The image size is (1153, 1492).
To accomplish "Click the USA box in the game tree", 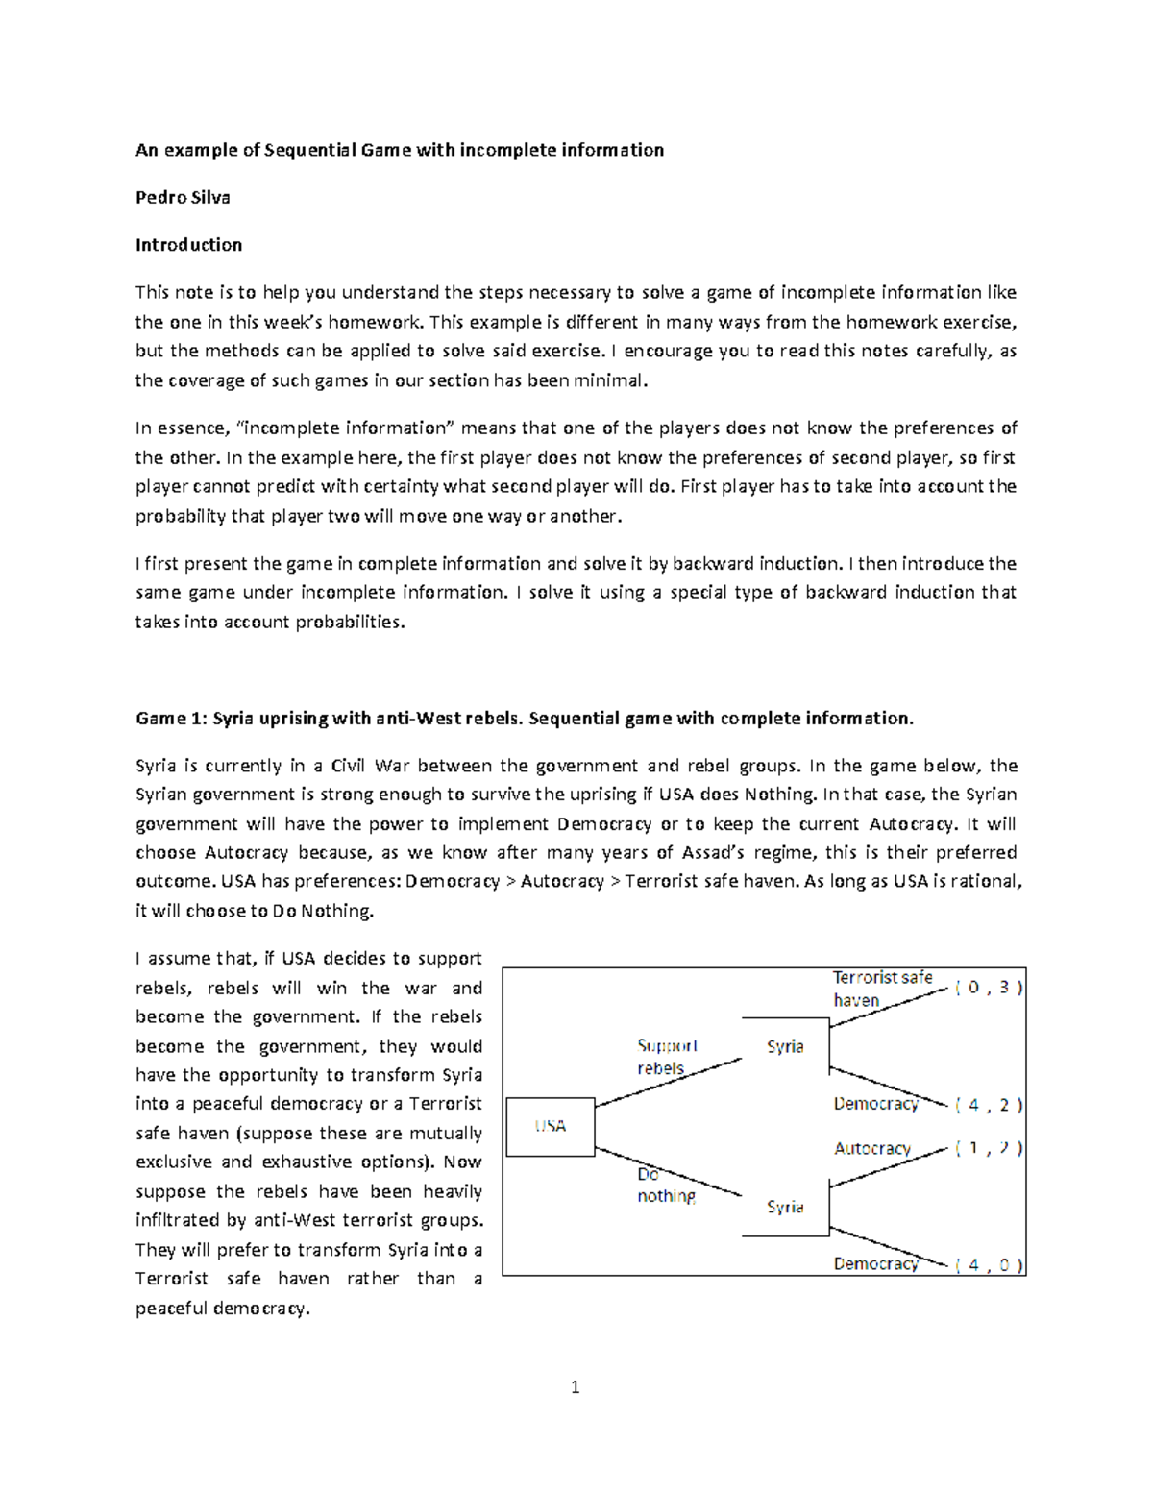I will [550, 1126].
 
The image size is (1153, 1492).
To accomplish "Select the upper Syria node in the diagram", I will [785, 1046].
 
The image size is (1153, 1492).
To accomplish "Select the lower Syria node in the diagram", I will [785, 1207].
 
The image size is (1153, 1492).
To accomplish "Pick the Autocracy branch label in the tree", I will [871, 1148].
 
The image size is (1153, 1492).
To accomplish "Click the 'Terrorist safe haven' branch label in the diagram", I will [881, 989].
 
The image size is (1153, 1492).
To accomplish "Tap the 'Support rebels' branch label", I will [666, 1057].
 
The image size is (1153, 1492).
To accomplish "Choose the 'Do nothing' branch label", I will [665, 1186].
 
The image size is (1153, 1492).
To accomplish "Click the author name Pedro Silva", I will [183, 197].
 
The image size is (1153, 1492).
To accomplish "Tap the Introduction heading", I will [188, 245].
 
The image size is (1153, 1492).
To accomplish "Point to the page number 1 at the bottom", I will [575, 1386].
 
